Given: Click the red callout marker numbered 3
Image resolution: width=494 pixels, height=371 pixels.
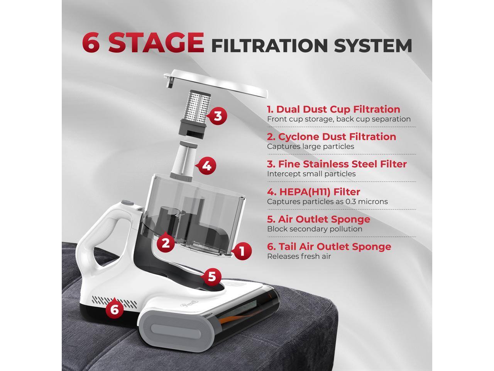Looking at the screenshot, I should [x=218, y=116].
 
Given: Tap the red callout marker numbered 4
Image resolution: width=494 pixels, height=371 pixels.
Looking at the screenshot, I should [x=207, y=166].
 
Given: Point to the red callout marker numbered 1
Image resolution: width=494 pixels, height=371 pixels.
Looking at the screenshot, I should [x=242, y=252].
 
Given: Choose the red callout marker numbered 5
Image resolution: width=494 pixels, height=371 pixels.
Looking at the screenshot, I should [x=211, y=277].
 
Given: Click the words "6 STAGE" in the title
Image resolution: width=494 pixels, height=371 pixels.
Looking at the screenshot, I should [x=143, y=43].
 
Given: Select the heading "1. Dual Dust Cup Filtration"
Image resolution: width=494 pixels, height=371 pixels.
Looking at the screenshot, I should [x=333, y=109].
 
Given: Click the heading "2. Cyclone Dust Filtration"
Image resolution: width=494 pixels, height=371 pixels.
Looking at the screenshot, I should [x=332, y=137].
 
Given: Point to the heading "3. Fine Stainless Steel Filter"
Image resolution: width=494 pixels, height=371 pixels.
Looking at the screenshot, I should [x=337, y=164].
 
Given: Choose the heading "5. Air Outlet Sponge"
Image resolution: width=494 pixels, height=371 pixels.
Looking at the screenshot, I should [x=318, y=219].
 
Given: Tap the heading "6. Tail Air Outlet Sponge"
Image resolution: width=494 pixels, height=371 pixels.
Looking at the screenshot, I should [x=329, y=247].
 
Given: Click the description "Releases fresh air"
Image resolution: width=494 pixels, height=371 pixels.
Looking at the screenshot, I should [x=299, y=256].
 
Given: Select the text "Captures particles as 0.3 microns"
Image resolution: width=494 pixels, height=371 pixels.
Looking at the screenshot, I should [x=327, y=201].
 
